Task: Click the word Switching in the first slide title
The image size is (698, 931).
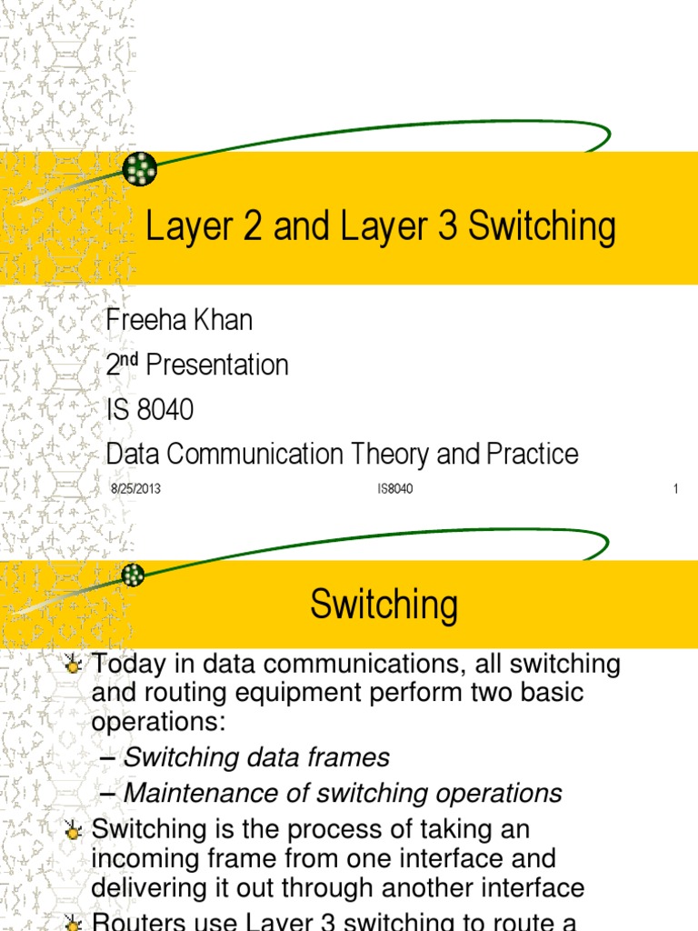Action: (x=542, y=228)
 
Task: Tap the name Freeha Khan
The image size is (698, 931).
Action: (x=179, y=320)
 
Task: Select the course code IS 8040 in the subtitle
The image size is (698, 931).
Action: (x=150, y=410)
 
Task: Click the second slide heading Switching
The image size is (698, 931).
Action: (x=384, y=606)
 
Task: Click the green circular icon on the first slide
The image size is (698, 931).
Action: (x=140, y=168)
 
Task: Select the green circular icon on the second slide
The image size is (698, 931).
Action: (x=134, y=574)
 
